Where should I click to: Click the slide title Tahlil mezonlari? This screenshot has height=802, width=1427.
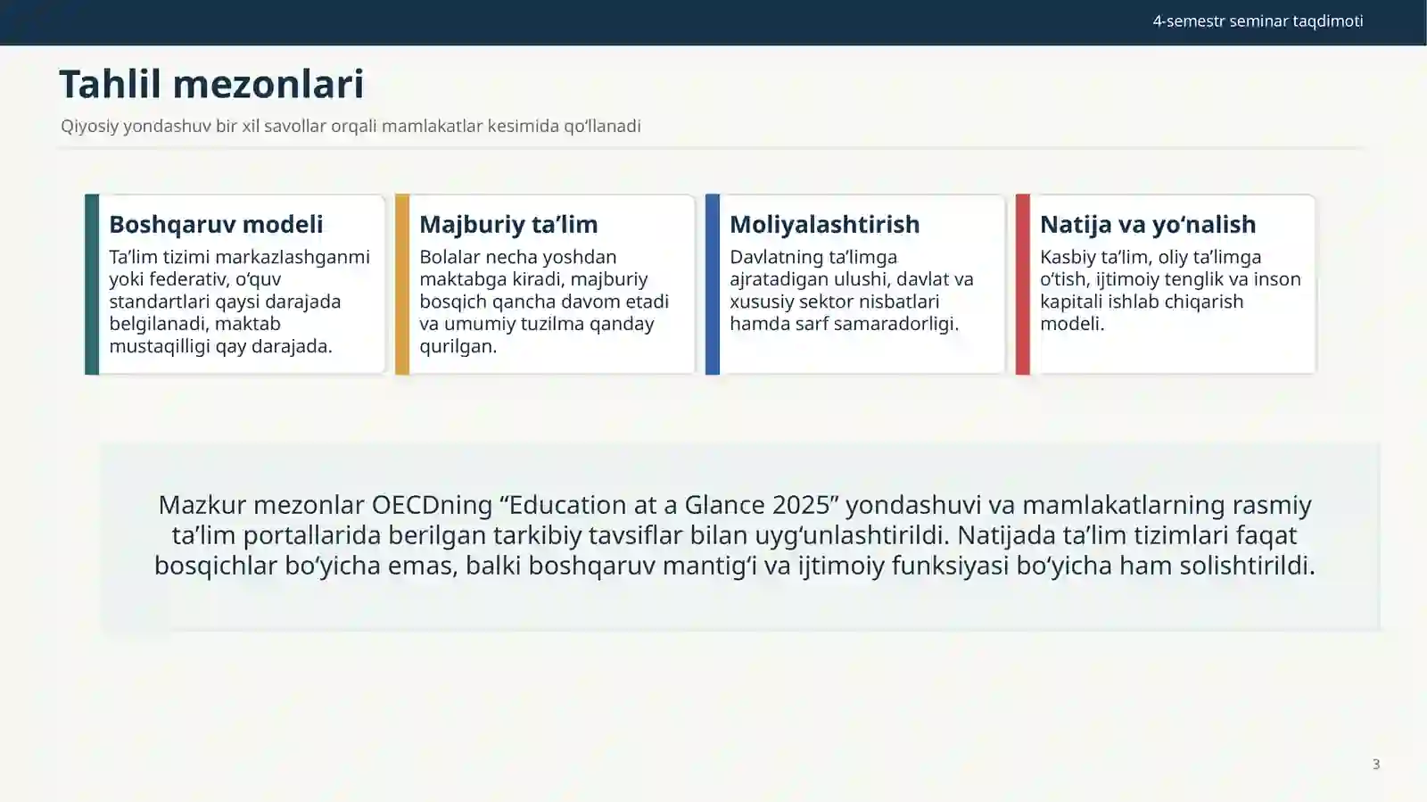coord(211,84)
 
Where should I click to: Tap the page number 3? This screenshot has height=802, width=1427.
coord(1376,764)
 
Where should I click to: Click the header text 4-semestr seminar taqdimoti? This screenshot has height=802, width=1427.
coord(1258,21)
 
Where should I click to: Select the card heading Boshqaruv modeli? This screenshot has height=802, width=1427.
coord(216,224)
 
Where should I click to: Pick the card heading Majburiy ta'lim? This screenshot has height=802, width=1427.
coord(508,224)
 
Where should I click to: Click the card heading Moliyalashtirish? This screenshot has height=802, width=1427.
coord(824,224)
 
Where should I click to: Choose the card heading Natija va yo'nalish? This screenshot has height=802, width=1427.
coord(1148,224)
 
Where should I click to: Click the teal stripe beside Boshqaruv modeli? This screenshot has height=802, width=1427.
coord(92,284)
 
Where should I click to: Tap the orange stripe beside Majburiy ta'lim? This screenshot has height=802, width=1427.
coord(402,284)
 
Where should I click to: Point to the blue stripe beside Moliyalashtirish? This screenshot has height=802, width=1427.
coord(713,284)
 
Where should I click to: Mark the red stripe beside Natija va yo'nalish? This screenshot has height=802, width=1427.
coord(1022,284)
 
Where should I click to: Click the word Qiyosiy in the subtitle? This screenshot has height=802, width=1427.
coord(90,126)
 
